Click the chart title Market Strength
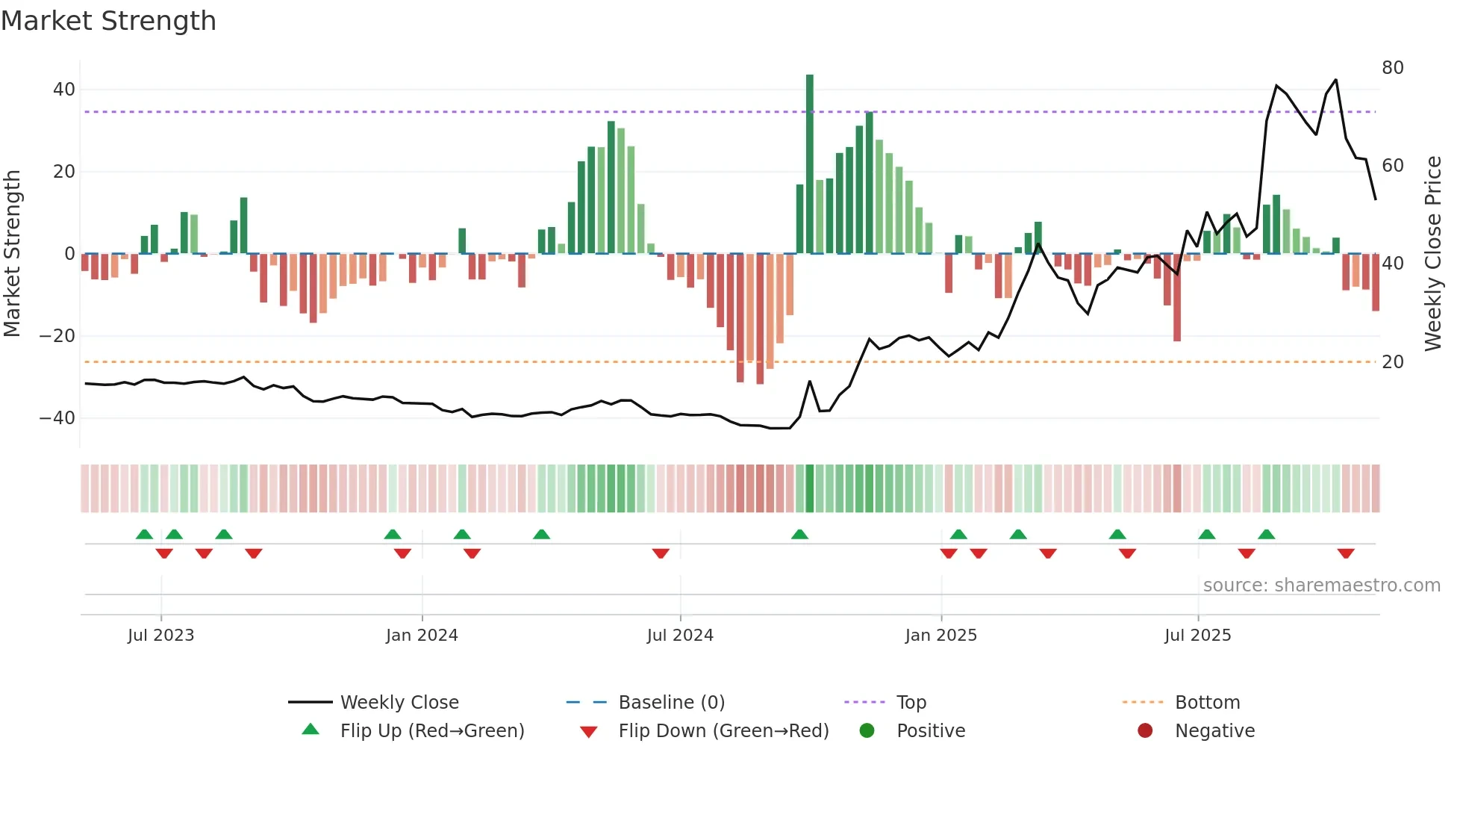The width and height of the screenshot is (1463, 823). pos(108,21)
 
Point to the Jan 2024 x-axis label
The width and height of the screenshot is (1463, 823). pos(422,635)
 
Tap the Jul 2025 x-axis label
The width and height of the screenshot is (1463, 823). pos(1197,635)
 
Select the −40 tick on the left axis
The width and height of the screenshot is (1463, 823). pos(57,418)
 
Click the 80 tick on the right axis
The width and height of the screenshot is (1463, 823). pos(1392,68)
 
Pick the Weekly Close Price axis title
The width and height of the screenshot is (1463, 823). pos(1432,254)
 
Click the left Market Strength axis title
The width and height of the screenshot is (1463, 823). pos(12,254)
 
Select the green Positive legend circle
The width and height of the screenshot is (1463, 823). pos(867,730)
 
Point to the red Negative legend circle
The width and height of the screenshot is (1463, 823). pos(1145,730)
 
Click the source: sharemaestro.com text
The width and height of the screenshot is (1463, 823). pos(1321,585)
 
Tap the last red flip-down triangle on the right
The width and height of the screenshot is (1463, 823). pos(1345,553)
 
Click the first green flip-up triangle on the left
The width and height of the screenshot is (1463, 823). pos(144,534)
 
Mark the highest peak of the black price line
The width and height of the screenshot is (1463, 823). pos(1335,80)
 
